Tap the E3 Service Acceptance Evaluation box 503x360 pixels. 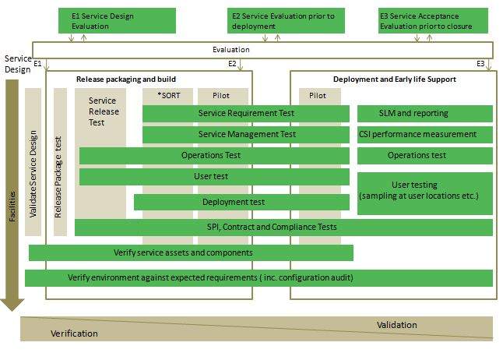pos(433,20)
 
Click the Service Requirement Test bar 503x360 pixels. pos(246,114)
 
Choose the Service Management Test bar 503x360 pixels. pos(246,134)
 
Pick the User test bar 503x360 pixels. pos(214,177)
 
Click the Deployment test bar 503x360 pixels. pos(241,203)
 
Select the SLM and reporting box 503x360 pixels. pos(424,114)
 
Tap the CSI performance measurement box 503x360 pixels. pos(424,134)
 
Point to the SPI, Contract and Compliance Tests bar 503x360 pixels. pos(283,228)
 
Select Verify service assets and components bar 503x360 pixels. pos(191,252)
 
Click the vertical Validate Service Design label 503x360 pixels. pos(33,173)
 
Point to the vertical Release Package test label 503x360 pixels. pos(60,173)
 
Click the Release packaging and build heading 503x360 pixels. pos(125,79)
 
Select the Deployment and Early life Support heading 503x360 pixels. pos(394,79)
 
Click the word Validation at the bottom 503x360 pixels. pos(396,325)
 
